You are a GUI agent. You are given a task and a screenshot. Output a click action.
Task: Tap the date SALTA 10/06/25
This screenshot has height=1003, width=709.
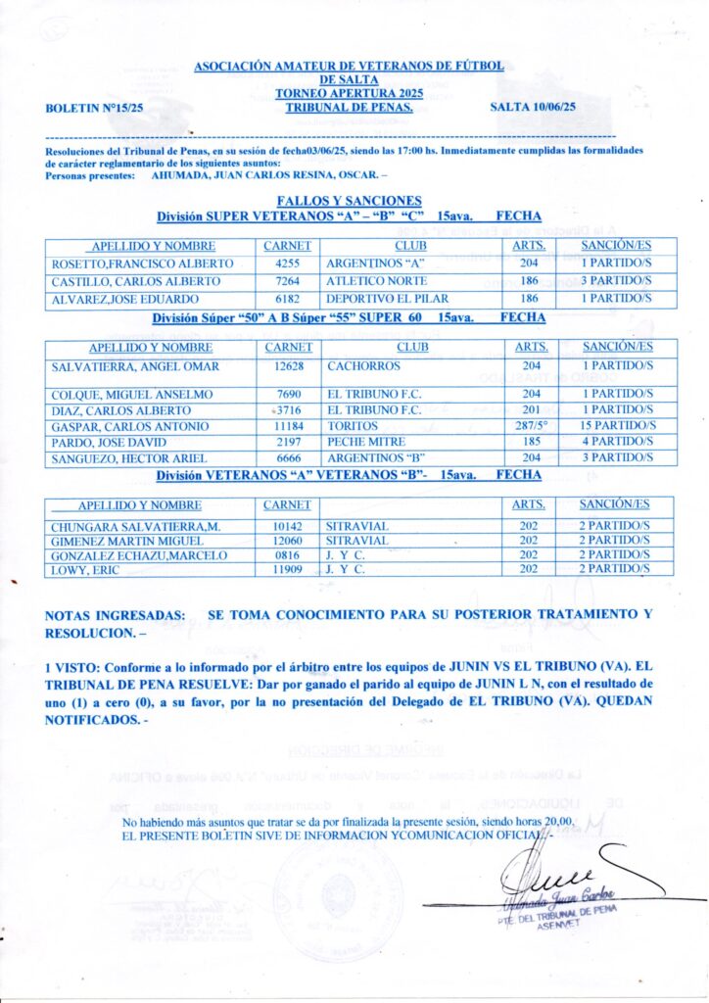(531, 108)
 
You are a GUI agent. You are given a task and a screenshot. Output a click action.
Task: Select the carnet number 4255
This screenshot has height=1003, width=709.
(287, 263)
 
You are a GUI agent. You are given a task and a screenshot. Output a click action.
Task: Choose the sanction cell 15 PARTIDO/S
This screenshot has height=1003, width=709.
(616, 426)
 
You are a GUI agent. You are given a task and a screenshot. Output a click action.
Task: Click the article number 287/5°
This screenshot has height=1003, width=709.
(530, 426)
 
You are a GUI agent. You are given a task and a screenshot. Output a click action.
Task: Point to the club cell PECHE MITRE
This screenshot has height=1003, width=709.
(368, 442)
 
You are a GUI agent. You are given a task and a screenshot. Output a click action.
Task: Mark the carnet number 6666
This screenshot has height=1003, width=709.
(287, 457)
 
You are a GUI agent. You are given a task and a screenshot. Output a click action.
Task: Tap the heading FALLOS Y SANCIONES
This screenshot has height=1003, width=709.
(349, 200)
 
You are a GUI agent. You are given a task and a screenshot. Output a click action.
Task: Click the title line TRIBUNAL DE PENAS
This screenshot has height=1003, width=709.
(349, 109)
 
